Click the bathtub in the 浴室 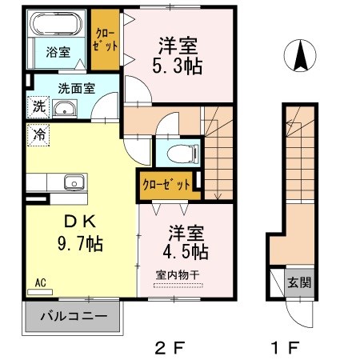click(55, 25)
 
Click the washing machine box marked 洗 click(38, 106)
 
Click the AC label click(40, 282)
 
